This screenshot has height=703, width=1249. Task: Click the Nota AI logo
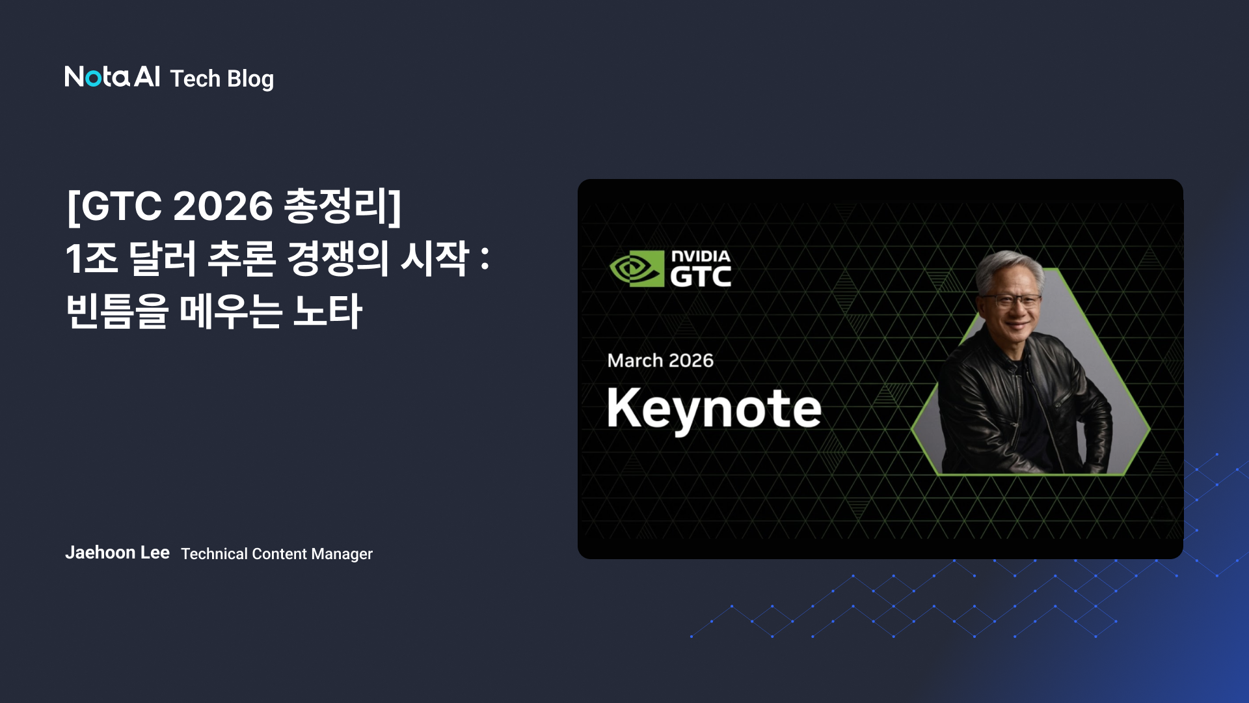(112, 77)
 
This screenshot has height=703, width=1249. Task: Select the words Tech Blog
(222, 79)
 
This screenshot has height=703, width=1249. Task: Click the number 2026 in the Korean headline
(222, 206)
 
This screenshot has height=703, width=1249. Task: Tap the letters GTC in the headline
(122, 206)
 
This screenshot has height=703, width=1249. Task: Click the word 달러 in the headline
(163, 258)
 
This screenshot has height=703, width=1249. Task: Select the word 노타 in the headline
(327, 311)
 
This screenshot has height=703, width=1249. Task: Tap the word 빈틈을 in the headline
(117, 311)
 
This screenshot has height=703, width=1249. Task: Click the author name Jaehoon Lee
(117, 553)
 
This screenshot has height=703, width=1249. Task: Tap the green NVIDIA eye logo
(636, 268)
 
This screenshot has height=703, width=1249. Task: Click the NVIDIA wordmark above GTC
(701, 256)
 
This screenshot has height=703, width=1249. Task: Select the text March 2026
(660, 361)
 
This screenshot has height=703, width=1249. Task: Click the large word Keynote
(714, 409)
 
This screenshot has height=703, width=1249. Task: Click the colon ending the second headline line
(485, 258)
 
